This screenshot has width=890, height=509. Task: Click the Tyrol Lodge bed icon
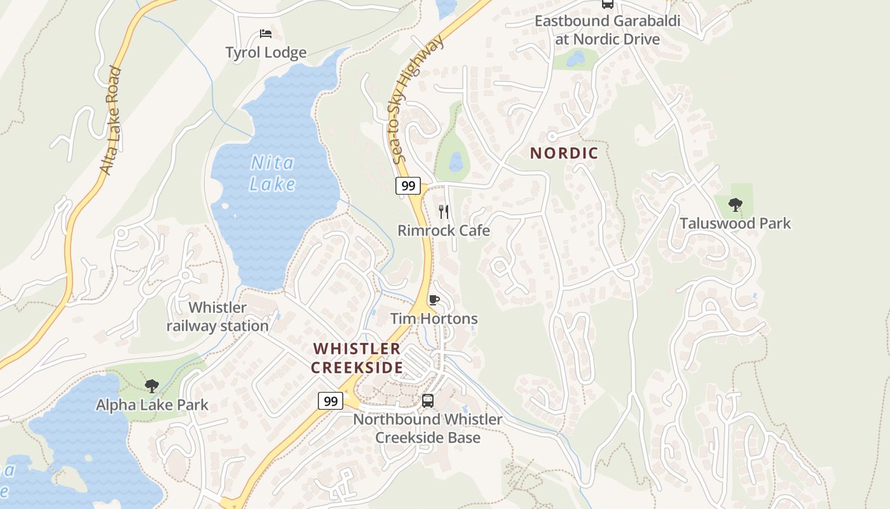[x=266, y=34]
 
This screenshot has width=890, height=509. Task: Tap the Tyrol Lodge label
[x=266, y=53]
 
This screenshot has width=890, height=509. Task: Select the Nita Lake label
[x=272, y=174]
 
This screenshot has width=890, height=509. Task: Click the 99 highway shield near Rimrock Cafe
[x=407, y=186]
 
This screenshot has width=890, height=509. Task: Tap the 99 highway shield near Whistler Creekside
[x=330, y=401]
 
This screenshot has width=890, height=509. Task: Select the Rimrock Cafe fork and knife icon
[x=444, y=211]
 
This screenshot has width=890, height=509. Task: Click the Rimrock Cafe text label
[x=444, y=230]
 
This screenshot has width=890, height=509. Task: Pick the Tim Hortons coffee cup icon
[x=434, y=300]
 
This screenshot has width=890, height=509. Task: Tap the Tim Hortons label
[x=434, y=319]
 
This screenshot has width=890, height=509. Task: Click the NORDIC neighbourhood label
[x=564, y=153]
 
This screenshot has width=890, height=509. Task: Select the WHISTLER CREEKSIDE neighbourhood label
[x=357, y=358]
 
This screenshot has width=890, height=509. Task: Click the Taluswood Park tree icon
[x=736, y=205]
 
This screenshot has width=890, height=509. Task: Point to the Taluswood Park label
[x=736, y=223]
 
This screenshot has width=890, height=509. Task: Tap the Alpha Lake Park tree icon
[x=152, y=386]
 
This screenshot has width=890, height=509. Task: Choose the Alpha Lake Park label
[x=152, y=405]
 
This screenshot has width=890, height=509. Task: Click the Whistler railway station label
[x=217, y=317]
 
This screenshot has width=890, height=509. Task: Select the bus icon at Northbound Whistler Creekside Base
[x=428, y=401]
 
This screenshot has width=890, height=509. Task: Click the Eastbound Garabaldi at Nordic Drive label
[x=607, y=30]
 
